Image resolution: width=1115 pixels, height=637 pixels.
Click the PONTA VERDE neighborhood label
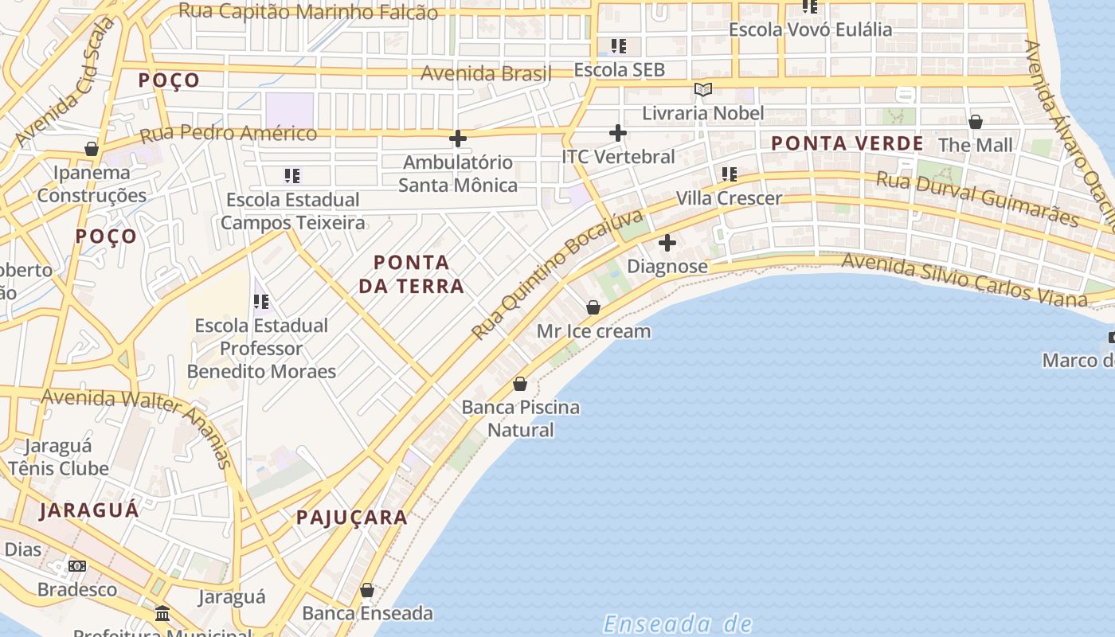click(847, 144)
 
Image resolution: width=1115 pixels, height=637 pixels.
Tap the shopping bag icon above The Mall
click(975, 122)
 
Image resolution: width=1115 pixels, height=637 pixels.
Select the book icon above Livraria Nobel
click(702, 89)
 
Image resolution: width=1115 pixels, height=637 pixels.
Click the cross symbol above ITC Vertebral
click(617, 133)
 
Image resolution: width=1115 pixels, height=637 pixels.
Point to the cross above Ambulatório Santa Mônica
click(457, 139)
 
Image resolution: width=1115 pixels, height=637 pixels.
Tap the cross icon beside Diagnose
click(667, 243)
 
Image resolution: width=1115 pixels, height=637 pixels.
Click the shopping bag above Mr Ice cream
click(593, 307)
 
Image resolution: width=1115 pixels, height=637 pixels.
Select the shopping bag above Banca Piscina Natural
click(520, 384)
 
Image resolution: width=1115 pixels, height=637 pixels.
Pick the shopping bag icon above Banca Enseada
click(366, 590)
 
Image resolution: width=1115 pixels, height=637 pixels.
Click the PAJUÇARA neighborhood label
click(352, 518)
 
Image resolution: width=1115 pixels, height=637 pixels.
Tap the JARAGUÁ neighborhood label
click(89, 510)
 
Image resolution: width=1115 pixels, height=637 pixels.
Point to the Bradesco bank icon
click(77, 566)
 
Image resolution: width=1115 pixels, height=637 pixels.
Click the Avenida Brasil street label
click(486, 74)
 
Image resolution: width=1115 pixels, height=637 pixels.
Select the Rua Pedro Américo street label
click(229, 133)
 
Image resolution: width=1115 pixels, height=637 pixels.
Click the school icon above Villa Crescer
click(729, 174)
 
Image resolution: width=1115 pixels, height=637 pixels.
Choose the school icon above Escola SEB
click(618, 46)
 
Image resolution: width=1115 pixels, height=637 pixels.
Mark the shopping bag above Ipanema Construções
click(92, 149)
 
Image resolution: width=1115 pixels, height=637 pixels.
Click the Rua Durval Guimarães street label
click(977, 197)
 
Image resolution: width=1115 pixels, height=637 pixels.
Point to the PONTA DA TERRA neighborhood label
click(411, 274)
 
